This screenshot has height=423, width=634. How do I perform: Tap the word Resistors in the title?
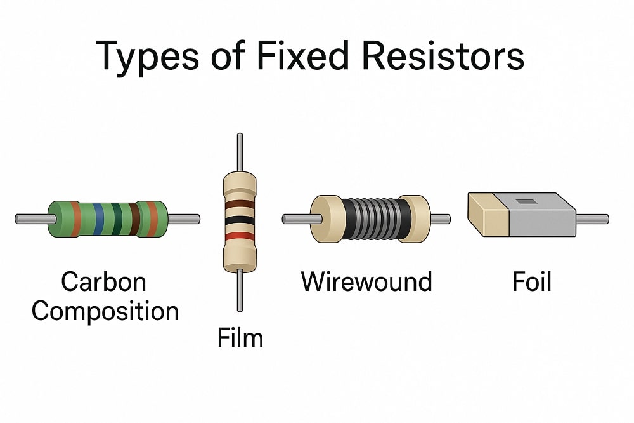(443, 56)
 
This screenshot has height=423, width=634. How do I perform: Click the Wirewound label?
(366, 281)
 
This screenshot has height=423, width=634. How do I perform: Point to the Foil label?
(532, 281)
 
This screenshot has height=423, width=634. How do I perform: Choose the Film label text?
(240, 337)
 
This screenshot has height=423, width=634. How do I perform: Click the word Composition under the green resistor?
(105, 311)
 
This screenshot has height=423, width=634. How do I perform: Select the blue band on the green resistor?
(98, 219)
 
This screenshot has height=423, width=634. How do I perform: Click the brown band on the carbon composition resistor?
(134, 219)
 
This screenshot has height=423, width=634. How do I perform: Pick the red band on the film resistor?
(239, 236)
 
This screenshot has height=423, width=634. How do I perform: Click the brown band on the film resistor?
(239, 205)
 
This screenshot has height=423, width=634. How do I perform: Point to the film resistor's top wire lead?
(239, 152)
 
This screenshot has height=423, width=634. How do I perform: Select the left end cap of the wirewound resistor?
(325, 218)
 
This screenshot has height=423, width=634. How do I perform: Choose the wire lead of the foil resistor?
(592, 219)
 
